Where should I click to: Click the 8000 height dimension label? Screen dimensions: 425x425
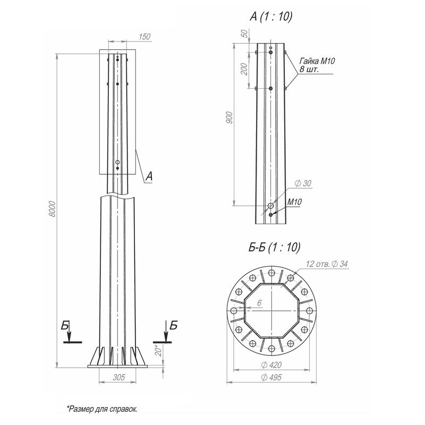[53, 209]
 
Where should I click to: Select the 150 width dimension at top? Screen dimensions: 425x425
[144, 37]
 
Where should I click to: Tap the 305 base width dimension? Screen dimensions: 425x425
[119, 377]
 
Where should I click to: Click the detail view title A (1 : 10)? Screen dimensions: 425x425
[271, 16]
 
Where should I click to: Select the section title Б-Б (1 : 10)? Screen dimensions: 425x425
[274, 247]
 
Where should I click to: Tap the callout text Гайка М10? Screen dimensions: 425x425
[317, 61]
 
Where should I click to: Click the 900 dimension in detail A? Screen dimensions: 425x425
[229, 117]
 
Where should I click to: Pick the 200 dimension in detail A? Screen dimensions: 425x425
[244, 69]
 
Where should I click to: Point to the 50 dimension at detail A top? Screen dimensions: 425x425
[244, 33]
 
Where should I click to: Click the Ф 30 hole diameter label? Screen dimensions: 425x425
[303, 183]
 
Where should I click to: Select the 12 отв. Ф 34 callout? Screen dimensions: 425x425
[327, 263]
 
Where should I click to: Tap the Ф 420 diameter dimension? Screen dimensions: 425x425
[271, 365]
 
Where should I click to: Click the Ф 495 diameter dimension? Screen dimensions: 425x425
[271, 377]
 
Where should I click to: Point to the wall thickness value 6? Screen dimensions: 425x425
[259, 303]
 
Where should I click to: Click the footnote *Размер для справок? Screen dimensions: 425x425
[102, 409]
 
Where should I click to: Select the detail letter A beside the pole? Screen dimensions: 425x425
[149, 176]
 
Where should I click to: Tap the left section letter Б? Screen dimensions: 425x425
[65, 325]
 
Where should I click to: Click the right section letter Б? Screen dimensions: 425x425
[174, 325]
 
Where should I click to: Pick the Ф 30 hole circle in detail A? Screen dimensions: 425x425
[271, 206]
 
